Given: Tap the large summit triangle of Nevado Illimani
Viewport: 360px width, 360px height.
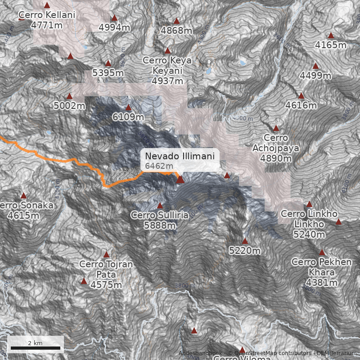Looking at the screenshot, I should tap(180, 180).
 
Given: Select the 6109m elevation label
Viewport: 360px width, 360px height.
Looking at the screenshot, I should tap(128, 117).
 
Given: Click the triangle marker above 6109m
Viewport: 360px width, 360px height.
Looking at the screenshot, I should tap(128, 108).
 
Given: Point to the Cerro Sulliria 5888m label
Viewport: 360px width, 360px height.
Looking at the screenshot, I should tap(160, 220).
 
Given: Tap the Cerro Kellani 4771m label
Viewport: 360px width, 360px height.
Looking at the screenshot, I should tap(47, 20).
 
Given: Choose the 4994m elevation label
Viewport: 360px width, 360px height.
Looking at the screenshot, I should tap(114, 28).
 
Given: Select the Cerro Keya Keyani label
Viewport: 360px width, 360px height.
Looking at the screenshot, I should tap(167, 71).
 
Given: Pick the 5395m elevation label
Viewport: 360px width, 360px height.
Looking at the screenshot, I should tap(108, 73).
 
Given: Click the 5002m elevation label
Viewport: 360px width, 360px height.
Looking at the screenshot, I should tap(69, 106).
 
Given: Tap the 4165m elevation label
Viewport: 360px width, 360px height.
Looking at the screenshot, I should tap(331, 45).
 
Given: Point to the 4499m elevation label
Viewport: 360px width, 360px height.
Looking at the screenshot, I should tap(315, 76).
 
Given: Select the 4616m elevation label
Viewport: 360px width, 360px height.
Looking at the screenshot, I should tap(301, 106).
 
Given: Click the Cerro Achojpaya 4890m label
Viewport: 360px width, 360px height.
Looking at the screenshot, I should tap(276, 148).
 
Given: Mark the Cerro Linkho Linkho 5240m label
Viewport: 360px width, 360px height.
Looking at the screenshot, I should tap(309, 224).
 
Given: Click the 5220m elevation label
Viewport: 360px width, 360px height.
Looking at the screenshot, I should tap(245, 251).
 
